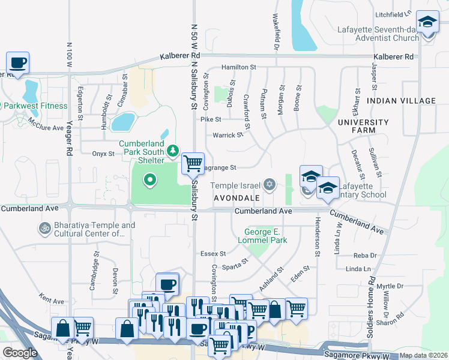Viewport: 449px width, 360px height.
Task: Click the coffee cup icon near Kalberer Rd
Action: [x=17, y=62]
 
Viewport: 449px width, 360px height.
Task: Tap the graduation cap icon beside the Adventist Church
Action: [x=427, y=23]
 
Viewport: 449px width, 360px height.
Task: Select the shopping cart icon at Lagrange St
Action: [x=193, y=163]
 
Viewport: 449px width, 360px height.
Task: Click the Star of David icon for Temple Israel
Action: [x=270, y=184]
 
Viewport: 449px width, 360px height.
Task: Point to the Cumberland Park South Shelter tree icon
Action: [x=173, y=150]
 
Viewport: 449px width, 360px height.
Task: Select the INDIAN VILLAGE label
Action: [x=401, y=101]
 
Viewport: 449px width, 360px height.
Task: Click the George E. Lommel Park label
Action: [x=266, y=236]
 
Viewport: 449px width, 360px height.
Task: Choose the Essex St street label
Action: [x=213, y=254]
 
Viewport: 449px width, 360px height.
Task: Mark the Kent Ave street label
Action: [x=52, y=298]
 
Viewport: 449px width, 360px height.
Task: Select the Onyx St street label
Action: [x=103, y=154]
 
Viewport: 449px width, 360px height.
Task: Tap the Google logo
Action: [x=20, y=352]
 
